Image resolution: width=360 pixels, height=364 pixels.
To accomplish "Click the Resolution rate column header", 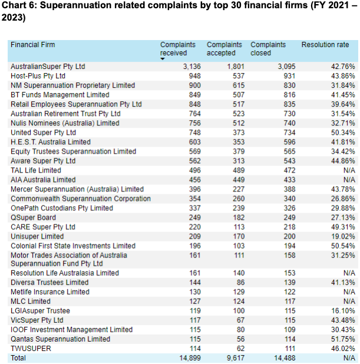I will pyautogui.click(x=325, y=45).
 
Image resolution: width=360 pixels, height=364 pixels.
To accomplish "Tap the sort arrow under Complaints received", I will pyautogui.click(x=163, y=59).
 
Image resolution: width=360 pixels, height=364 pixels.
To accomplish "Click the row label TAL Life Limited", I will pyautogui.click(x=37, y=170).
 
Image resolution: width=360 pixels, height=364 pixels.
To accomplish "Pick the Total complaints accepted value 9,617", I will pyautogui.click(x=232, y=358).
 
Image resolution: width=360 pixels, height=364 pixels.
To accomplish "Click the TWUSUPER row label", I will pyautogui.click(x=31, y=348).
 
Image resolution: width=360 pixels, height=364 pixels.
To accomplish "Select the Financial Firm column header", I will pyautogui.click(x=33, y=45).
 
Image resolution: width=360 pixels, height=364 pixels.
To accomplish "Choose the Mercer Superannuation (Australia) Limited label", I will pyautogui.click(x=77, y=189).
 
